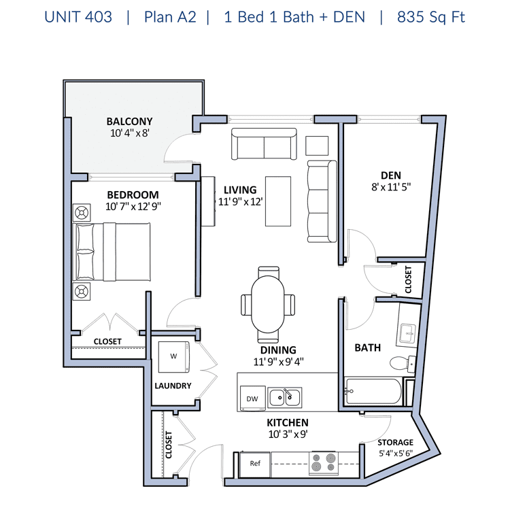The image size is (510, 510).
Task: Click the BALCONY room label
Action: (129, 121)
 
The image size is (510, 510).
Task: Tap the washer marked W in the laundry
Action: (174, 357)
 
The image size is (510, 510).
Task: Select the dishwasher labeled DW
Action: (252, 398)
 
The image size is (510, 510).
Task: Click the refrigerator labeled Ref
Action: (255, 464)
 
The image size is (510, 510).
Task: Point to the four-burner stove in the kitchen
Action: (323, 462)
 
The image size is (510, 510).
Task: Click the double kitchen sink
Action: (285, 397)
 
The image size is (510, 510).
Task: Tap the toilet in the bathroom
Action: (403, 363)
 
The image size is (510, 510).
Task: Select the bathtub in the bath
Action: (373, 391)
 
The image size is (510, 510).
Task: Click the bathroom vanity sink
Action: (407, 334)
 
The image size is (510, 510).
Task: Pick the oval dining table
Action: (268, 304)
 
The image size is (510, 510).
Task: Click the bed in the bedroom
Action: (112, 252)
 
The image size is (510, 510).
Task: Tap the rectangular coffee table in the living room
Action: (278, 201)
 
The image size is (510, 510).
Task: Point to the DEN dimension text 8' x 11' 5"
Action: (391, 187)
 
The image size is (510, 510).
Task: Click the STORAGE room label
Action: (395, 443)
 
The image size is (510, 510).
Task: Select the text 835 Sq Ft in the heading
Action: (431, 17)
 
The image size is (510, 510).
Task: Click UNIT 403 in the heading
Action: (78, 17)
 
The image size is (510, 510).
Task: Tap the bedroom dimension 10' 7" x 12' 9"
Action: (133, 207)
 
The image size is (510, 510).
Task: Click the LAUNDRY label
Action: (173, 386)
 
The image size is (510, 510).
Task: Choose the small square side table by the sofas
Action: (317, 146)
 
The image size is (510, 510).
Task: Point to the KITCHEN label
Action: (288, 422)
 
